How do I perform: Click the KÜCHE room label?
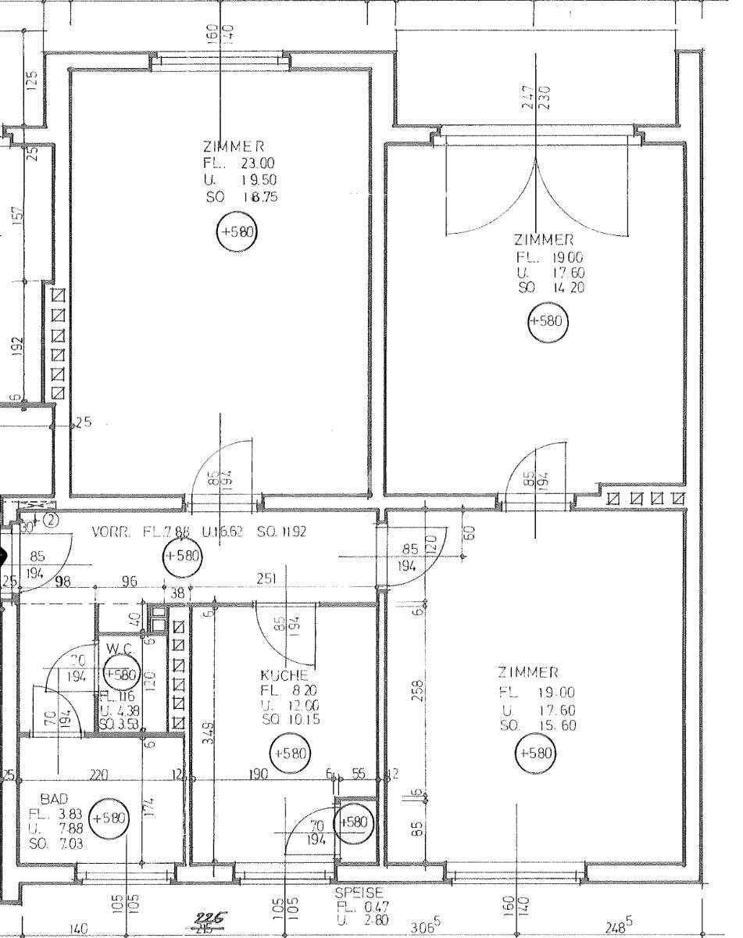click(284, 675)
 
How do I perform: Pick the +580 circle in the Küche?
click(289, 754)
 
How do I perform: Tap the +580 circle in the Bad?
click(109, 818)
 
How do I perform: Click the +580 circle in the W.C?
click(121, 674)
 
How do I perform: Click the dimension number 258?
click(419, 689)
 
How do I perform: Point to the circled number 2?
click(51, 518)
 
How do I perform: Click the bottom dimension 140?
click(78, 929)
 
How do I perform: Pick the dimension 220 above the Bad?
click(98, 775)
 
